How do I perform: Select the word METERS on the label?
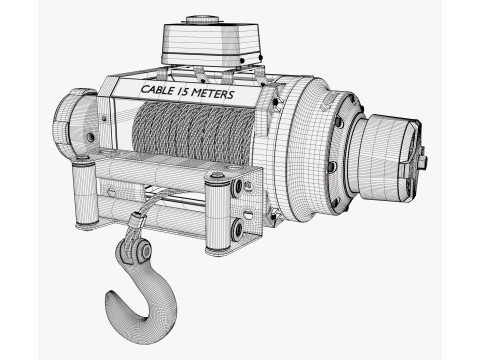[213, 93]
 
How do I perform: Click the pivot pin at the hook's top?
[146, 250]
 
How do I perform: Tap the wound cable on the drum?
[193, 133]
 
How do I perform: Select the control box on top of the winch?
[212, 44]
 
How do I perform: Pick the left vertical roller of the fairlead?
[85, 193]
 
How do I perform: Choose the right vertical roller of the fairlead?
[218, 213]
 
